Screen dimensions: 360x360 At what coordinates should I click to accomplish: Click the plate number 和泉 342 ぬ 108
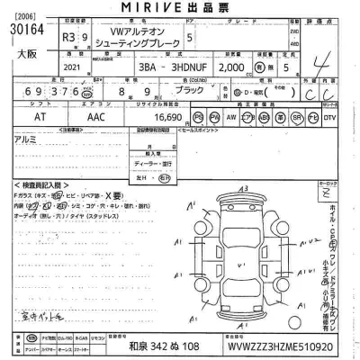point(166,346)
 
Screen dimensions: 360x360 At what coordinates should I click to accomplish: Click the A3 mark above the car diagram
point(243,187)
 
